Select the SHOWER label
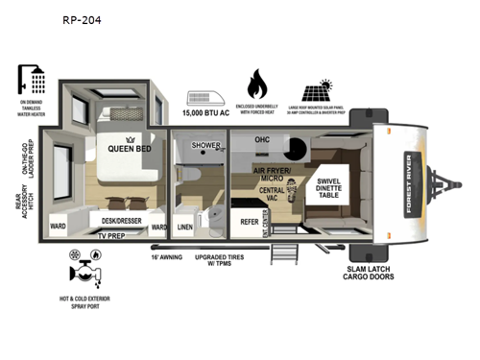click(204, 146)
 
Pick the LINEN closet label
click(186, 228)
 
